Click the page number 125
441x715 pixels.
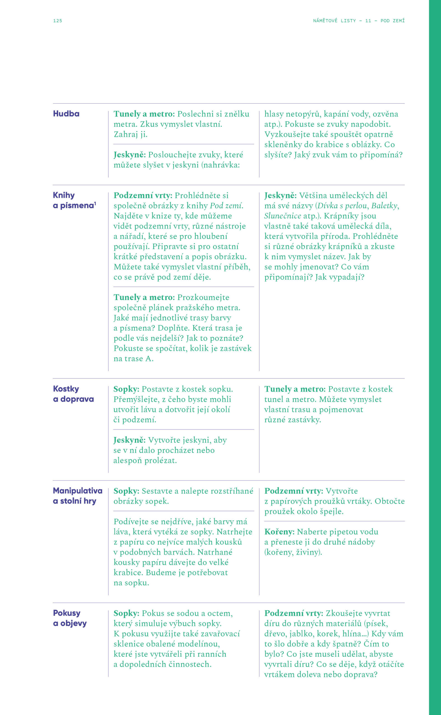pos(57,21)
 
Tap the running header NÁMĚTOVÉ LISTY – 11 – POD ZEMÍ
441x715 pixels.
pos(359,21)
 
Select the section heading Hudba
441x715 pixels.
pos(66,114)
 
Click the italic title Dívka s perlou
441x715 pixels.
pos(342,206)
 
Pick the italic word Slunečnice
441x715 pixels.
pos(282,216)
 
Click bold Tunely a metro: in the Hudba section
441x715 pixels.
pos(144,114)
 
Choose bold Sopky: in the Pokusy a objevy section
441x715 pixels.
pos(126,613)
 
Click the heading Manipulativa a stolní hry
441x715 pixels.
pos(77,496)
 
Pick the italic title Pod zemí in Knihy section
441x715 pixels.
pos(226,206)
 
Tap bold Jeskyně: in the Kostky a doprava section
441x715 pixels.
pos(129,440)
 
